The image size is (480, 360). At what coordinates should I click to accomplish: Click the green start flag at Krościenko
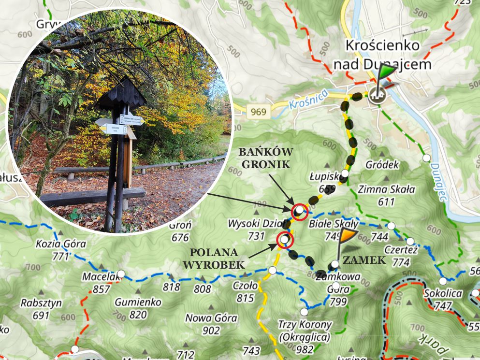coord(386,72)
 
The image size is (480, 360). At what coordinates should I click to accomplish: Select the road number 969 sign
coord(259,112)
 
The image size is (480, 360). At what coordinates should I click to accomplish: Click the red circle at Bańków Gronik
coord(300,211)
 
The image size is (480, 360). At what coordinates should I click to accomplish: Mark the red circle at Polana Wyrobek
coord(284,239)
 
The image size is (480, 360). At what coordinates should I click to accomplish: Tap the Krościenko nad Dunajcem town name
coord(382,55)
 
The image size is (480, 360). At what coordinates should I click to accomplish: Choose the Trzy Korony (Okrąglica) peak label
coord(305,331)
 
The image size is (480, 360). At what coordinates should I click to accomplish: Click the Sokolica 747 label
coord(443,299)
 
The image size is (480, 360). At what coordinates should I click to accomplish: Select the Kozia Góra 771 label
coord(61,250)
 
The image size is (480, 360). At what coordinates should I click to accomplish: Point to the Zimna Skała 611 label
coord(386,195)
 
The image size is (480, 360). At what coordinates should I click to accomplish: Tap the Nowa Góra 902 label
coord(211,324)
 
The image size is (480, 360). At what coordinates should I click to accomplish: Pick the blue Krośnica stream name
coord(308,99)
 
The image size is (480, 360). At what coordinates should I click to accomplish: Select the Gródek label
coord(382,165)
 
